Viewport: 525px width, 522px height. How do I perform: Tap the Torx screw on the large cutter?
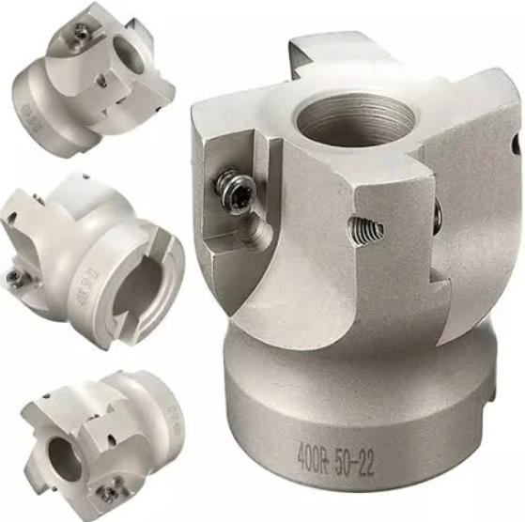click(229, 188)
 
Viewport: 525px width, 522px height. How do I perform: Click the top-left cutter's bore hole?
click(129, 55)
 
